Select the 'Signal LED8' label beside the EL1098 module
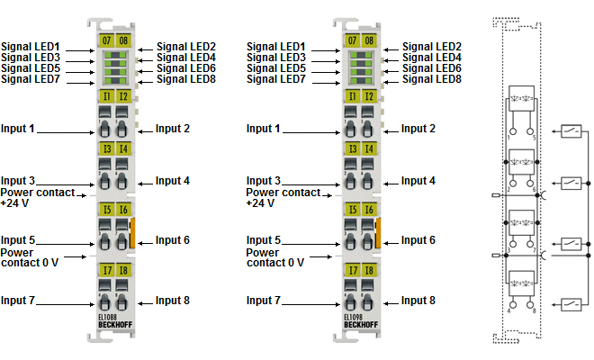point(431,79)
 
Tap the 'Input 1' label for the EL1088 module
point(18,130)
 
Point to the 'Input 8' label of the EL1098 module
point(418,301)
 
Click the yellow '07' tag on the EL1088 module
point(106,40)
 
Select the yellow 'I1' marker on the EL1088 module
point(106,95)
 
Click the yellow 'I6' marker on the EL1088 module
point(122,210)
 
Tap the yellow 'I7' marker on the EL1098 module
point(351,270)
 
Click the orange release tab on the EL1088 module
point(133,232)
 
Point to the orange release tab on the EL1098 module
point(378,232)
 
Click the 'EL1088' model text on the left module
point(108,317)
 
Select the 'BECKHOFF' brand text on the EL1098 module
point(360,324)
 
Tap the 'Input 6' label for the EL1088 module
point(173,240)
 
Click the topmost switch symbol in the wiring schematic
point(571,132)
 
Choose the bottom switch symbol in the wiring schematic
point(571,302)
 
